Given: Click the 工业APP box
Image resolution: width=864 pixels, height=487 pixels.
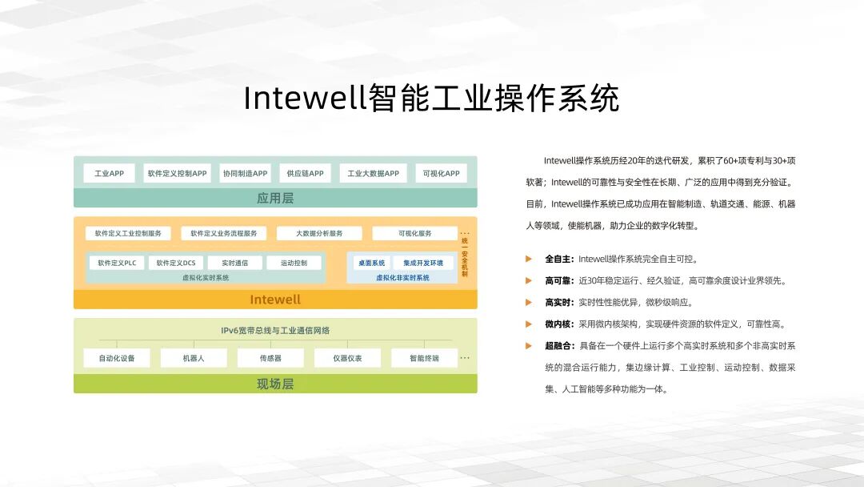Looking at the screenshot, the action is [109, 173].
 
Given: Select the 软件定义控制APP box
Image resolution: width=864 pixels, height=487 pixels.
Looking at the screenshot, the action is [177, 173].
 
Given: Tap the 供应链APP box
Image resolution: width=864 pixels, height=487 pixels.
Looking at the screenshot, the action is [305, 173].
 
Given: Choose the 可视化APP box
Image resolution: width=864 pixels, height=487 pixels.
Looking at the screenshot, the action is [442, 173].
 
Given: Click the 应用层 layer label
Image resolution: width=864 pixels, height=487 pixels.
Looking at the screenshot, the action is [275, 198].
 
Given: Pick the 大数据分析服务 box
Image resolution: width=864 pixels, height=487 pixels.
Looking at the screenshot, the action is [319, 233].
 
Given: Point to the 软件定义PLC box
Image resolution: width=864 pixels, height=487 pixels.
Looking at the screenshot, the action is [117, 263].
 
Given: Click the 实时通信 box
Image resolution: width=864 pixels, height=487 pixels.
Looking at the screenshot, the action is [234, 263].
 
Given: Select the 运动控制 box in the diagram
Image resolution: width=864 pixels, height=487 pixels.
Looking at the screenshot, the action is [294, 263].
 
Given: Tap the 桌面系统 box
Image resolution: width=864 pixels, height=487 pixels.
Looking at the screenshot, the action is [370, 263].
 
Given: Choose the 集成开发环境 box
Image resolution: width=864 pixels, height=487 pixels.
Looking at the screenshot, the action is [423, 263].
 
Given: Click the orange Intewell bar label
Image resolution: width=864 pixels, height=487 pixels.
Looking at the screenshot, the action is [275, 300].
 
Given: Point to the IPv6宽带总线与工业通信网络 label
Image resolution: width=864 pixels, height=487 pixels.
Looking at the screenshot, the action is [275, 330].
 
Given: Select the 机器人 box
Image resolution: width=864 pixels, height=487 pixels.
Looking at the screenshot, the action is [194, 358].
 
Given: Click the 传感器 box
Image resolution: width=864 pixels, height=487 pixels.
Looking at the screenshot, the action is [270, 358].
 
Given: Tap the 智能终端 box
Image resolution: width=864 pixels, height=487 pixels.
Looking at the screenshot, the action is [424, 358].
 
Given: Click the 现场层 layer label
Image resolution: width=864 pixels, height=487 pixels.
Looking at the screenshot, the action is [275, 384].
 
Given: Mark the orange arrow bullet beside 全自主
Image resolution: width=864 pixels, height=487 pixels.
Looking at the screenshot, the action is [529, 259].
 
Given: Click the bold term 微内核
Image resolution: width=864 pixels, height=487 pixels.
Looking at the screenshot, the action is [559, 324].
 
